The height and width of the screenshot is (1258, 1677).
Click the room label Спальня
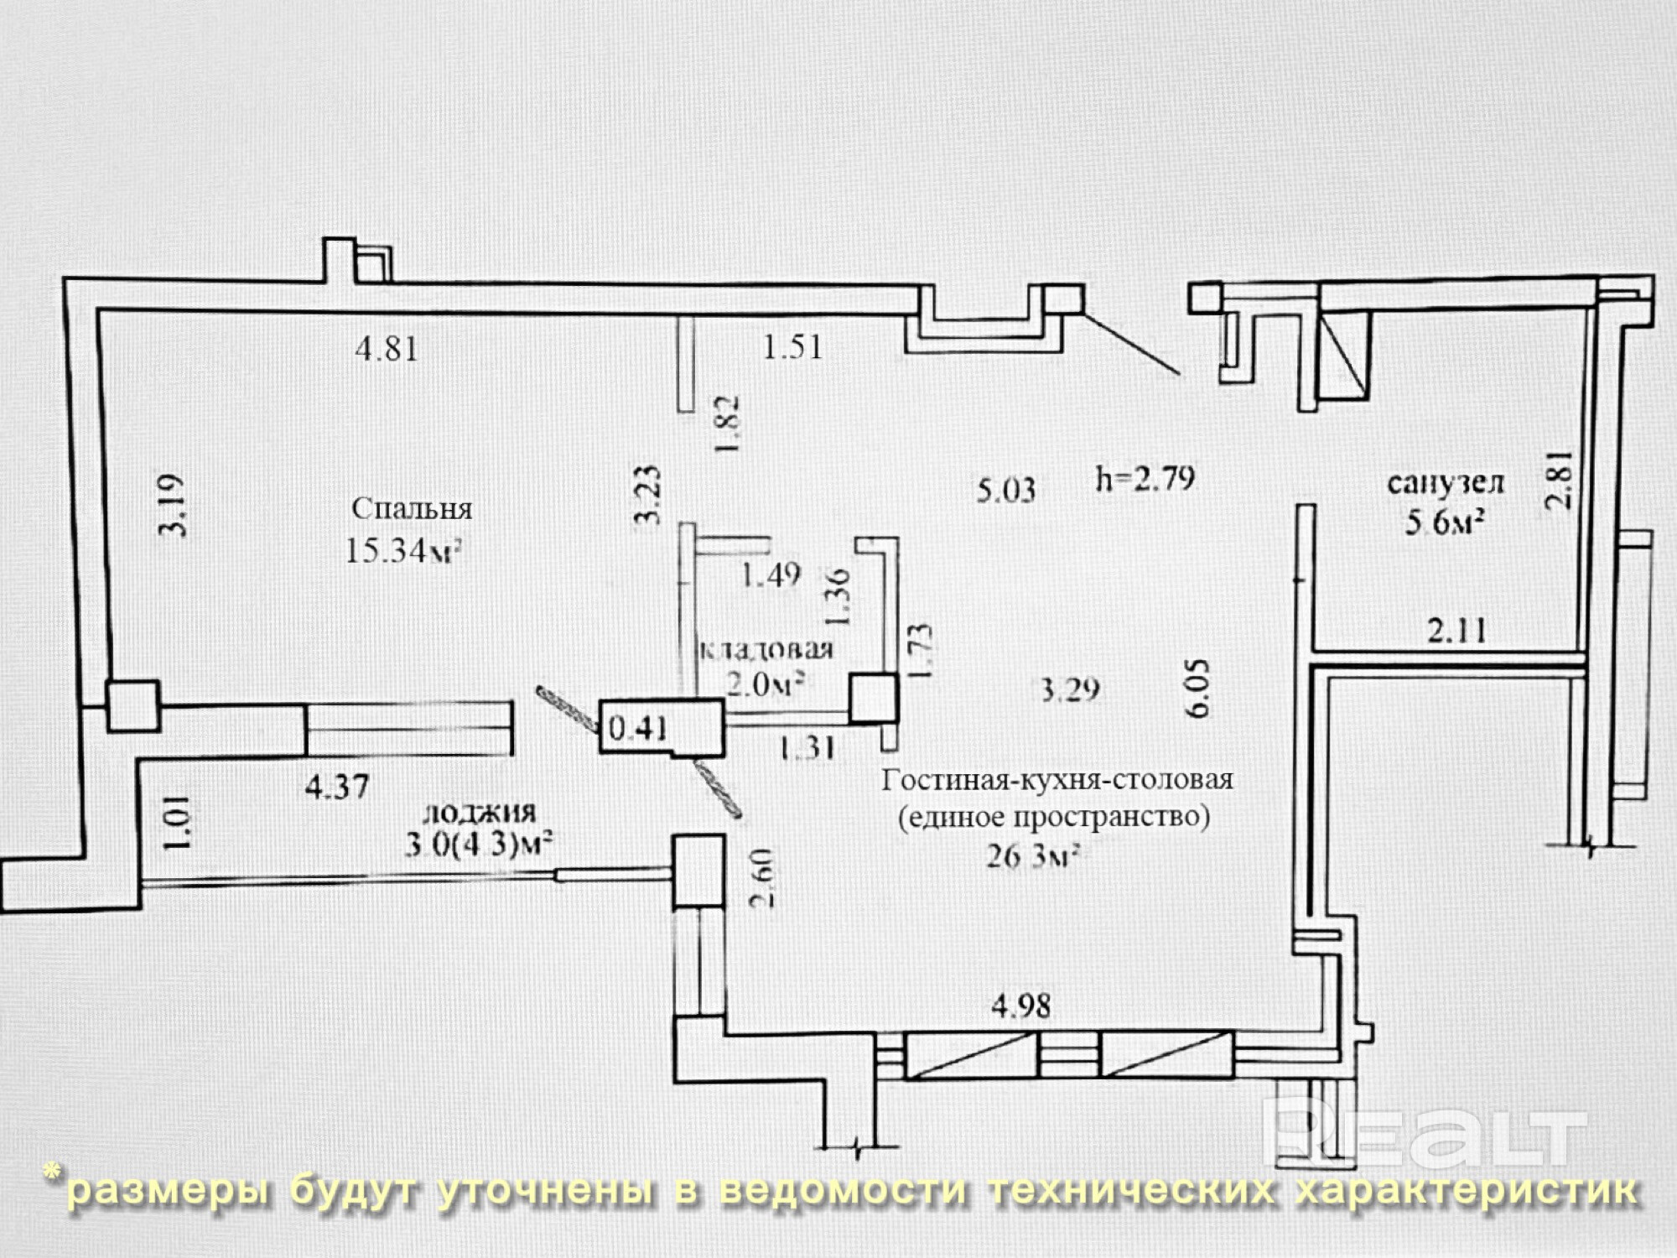coord(412,508)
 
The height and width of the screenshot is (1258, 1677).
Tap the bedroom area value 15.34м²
coord(404,551)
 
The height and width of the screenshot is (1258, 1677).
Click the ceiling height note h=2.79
coord(1145,478)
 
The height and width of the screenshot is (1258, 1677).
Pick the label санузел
coord(1446,483)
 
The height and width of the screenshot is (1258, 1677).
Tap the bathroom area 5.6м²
coord(1445,522)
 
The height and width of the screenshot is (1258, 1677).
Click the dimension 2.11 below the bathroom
coord(1457,630)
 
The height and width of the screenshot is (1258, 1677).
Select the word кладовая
coord(766,649)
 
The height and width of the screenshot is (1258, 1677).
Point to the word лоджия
coord(480,813)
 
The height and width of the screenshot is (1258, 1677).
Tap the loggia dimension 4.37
coord(337,787)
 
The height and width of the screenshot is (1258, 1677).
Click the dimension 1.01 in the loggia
coord(178,823)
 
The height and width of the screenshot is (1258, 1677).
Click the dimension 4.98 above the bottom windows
coord(1020,1006)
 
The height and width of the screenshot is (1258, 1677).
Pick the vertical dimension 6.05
coord(1197,688)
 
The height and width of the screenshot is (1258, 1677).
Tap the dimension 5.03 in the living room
coord(1006,489)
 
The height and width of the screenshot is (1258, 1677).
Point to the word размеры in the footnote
coord(168,1192)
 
